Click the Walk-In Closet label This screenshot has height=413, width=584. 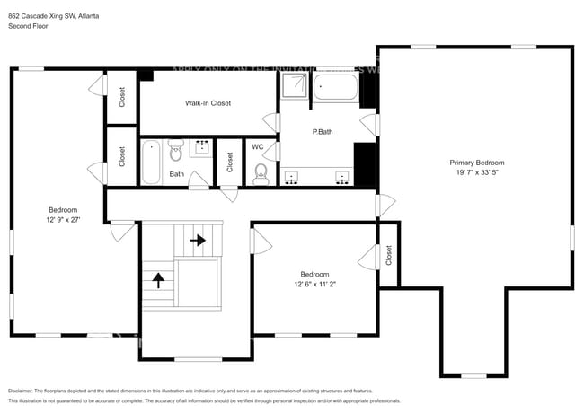click(x=208, y=103)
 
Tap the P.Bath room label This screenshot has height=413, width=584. click(x=323, y=132)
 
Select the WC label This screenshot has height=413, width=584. click(x=257, y=146)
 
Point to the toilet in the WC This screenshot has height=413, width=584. click(x=261, y=172)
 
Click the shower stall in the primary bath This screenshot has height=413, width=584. click(x=293, y=87)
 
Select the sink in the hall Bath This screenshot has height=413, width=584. click(x=201, y=146)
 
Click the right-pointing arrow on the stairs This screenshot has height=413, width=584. click(x=197, y=241)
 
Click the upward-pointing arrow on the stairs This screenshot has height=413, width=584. click(x=158, y=279)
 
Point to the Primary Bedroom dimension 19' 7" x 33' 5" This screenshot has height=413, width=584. click(x=477, y=174)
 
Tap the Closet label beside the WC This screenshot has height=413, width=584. click(x=230, y=162)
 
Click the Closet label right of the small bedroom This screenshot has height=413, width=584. click(x=388, y=256)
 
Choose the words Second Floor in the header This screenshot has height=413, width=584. click(x=28, y=26)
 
